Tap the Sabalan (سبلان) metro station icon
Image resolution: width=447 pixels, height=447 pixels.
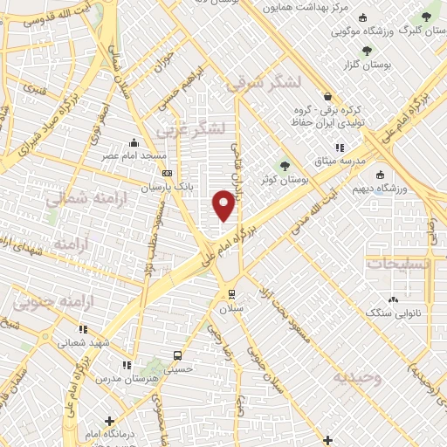tap(230, 293)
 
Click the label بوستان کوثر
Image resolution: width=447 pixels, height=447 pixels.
tap(280, 179)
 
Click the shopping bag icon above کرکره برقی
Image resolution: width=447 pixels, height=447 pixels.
tap(327, 97)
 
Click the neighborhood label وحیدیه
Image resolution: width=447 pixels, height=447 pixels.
tap(357, 378)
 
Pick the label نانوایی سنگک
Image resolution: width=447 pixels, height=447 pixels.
tap(391, 312)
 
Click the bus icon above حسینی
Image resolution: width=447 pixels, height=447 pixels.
tap(178, 356)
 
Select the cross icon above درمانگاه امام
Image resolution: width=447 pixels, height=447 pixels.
tap(108, 421)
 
